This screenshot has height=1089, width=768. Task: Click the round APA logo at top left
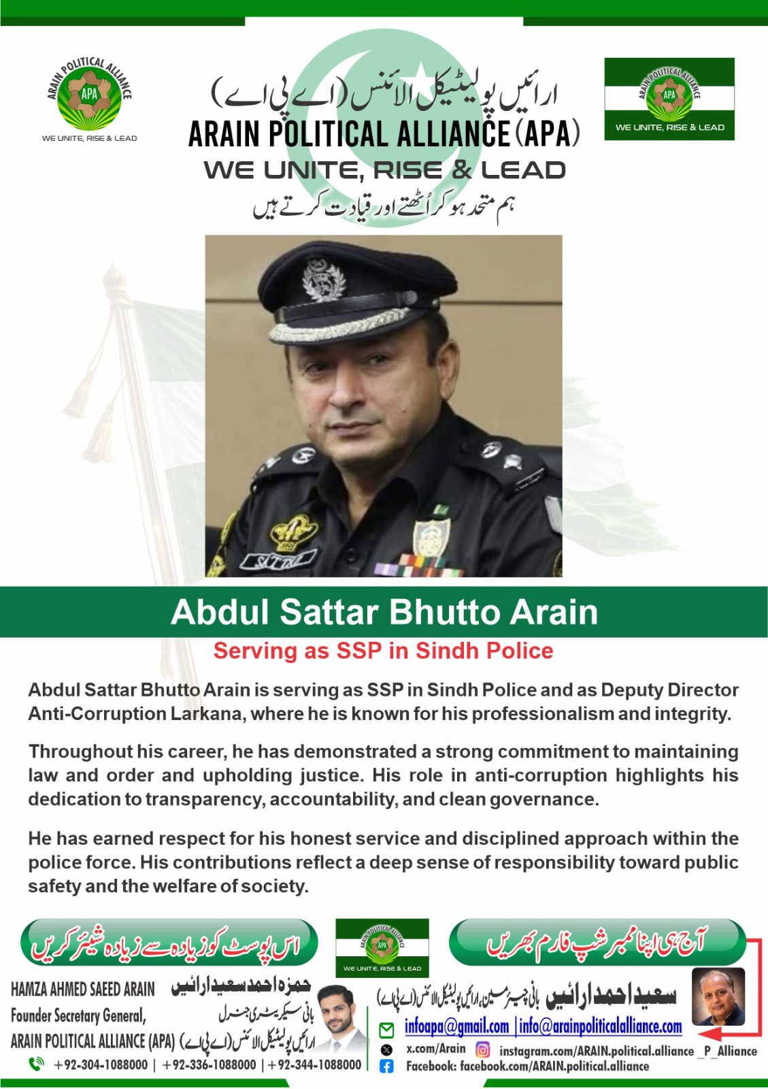(89, 95)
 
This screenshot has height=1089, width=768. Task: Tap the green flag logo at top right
(669, 99)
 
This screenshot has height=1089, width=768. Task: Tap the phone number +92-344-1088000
(314, 1064)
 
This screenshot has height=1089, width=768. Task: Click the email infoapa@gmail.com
(456, 1026)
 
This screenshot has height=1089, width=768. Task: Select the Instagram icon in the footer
(482, 1050)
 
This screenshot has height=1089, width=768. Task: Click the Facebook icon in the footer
(386, 1067)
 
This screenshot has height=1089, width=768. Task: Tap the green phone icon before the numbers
(36, 1064)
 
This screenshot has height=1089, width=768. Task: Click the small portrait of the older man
(718, 997)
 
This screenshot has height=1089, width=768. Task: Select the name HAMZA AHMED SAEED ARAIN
(83, 989)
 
